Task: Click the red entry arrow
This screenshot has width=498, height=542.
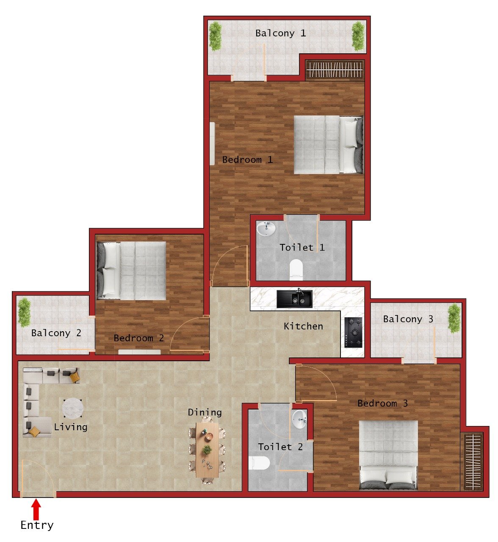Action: (36, 509)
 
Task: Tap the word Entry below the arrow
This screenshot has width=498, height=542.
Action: (37, 525)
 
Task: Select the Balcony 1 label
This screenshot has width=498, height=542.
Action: (280, 33)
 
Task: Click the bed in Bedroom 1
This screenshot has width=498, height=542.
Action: (328, 145)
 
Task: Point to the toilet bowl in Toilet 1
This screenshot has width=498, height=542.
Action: (296, 269)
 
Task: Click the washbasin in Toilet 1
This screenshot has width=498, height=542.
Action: (266, 229)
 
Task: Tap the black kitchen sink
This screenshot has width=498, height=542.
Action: (295, 299)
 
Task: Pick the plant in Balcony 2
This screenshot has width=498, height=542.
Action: (24, 312)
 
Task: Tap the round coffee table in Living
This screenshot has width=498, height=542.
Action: (72, 409)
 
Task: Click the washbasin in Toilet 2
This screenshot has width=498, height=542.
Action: (299, 419)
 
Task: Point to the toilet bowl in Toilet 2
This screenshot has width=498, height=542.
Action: (260, 463)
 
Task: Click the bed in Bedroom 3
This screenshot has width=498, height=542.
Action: (388, 454)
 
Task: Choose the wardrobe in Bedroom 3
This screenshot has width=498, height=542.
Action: (471, 461)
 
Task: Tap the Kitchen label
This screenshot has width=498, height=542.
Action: (303, 326)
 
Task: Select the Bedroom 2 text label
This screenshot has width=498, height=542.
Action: (138, 338)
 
